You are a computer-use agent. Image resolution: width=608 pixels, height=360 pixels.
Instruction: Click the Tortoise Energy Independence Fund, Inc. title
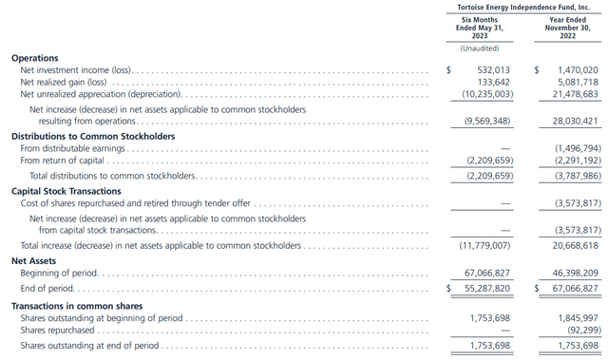coord(524,7)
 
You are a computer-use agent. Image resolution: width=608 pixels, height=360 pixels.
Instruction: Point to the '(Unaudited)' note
coord(480,47)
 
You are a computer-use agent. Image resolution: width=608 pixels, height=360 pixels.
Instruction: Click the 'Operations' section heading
coord(34,58)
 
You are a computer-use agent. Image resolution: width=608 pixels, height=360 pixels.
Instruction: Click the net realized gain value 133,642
coord(497,83)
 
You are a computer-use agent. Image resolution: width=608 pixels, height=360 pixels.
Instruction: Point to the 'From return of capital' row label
coord(62,161)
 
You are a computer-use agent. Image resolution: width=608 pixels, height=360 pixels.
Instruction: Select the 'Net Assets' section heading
coord(34,259)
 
